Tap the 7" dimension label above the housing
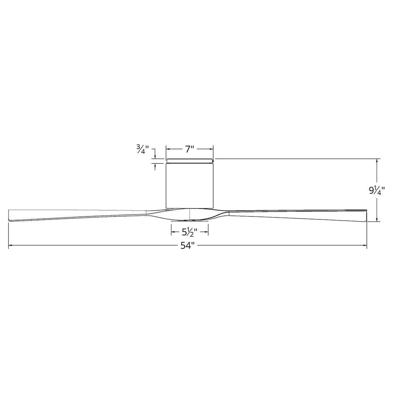pyautogui.click(x=190, y=149)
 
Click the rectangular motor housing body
pyautogui.click(x=190, y=185)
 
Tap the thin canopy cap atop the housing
pyautogui.click(x=190, y=161)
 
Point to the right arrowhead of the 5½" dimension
pyautogui.click(x=207, y=232)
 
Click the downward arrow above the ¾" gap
pyautogui.click(x=155, y=157)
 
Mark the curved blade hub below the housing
pyautogui.click(x=190, y=214)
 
